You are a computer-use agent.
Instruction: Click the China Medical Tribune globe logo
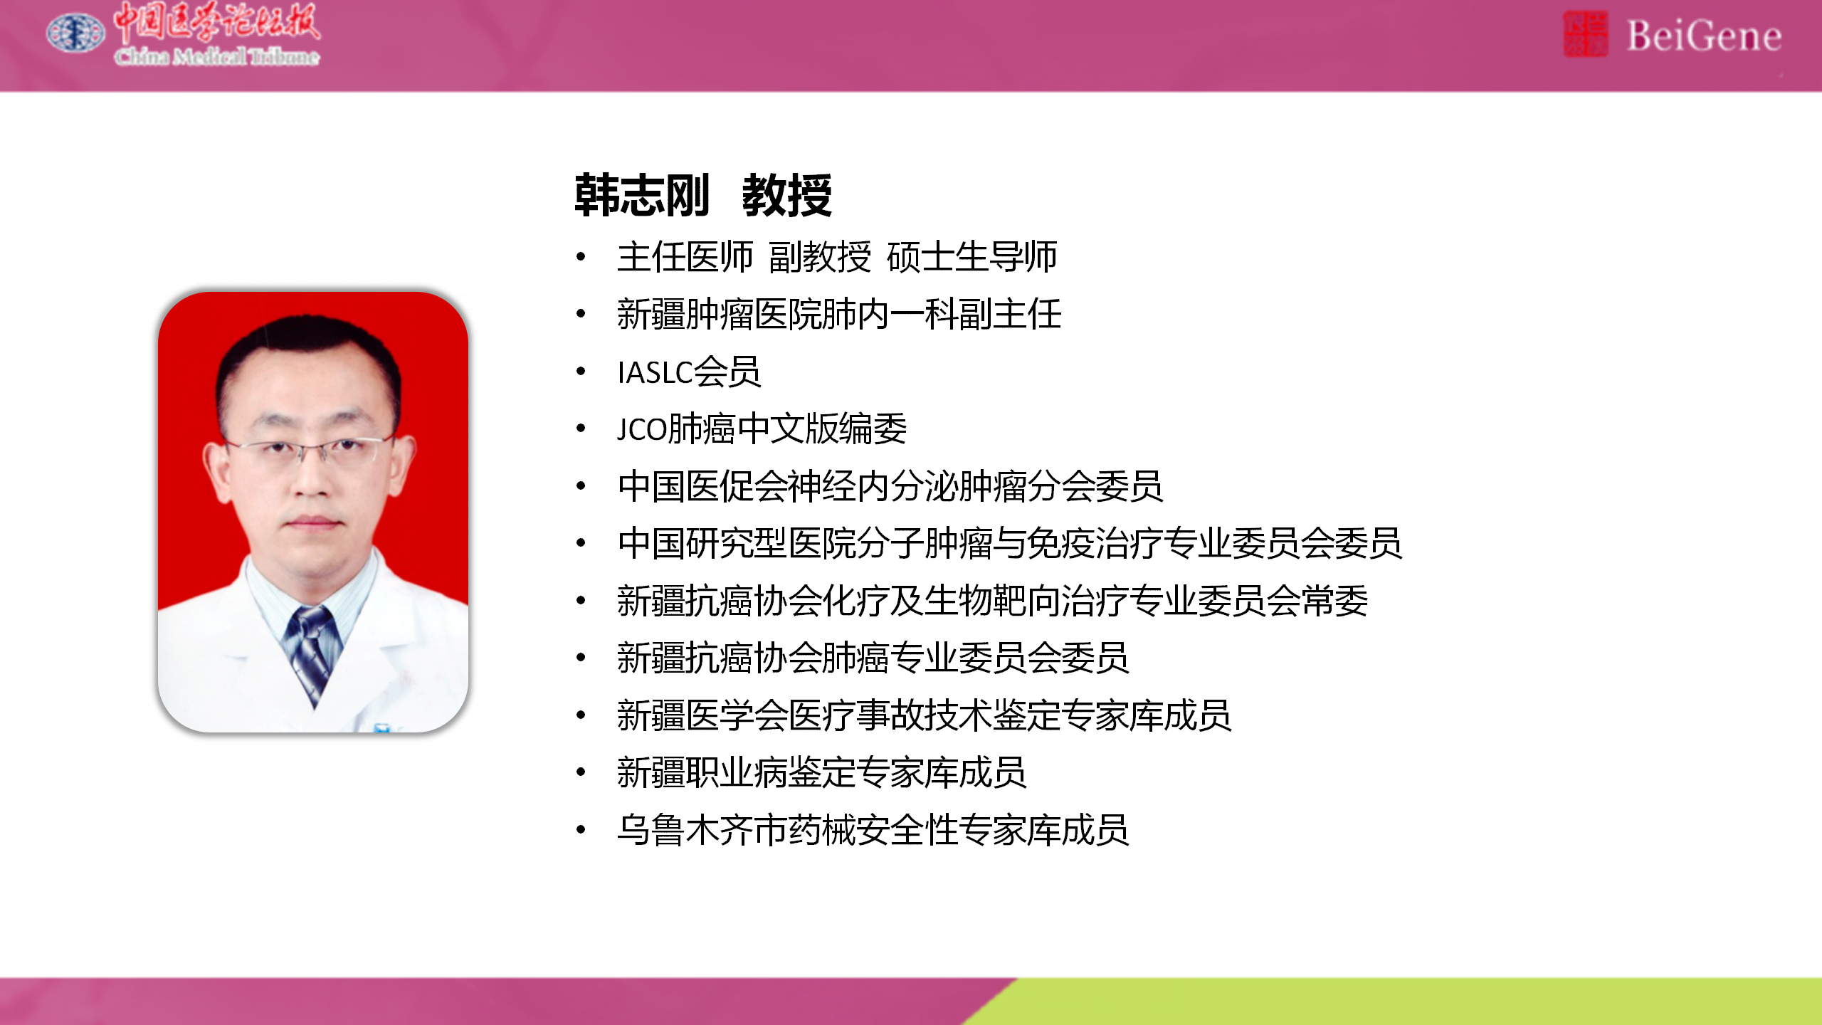(75, 33)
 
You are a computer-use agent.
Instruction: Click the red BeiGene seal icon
(1585, 34)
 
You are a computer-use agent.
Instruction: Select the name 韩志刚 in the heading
(642, 195)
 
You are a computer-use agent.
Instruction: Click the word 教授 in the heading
(786, 195)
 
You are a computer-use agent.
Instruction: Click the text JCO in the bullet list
(643, 429)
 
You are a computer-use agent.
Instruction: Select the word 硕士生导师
(972, 256)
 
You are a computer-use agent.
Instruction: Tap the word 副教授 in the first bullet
(820, 256)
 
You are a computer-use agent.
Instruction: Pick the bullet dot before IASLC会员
(581, 371)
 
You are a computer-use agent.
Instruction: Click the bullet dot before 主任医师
(581, 256)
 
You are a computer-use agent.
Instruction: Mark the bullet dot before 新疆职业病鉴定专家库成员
(581, 772)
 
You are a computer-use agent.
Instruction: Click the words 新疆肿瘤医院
(720, 314)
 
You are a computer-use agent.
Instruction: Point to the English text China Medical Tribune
(217, 56)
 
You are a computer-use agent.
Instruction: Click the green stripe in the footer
(1416, 1002)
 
